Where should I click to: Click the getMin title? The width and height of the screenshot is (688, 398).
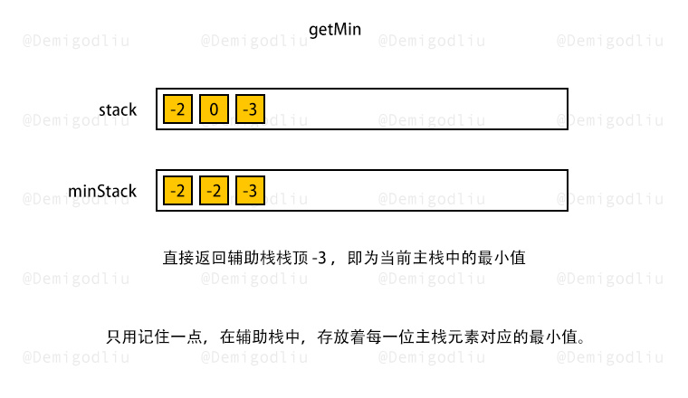point(335,30)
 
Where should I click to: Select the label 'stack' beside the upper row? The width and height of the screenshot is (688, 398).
point(118,109)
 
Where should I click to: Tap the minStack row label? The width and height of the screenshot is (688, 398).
point(102,191)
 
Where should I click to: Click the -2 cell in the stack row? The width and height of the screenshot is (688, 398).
point(177,109)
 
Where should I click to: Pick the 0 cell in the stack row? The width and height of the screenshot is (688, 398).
point(214,109)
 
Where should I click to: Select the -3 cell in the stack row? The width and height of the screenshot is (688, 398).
point(250,109)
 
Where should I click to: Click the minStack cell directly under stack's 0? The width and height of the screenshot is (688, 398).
point(214,190)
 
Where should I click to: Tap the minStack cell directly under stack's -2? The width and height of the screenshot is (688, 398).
point(177,190)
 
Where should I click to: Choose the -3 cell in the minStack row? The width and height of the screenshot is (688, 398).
point(250,190)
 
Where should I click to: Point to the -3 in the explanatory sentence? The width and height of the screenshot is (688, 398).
point(320,258)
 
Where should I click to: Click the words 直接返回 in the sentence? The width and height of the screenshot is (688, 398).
point(195,258)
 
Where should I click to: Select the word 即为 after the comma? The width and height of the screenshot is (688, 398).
point(363,258)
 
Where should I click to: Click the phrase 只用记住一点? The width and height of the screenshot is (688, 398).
point(155,336)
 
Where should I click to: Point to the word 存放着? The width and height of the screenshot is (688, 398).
point(341,336)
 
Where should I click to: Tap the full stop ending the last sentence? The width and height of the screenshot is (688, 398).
point(581,341)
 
